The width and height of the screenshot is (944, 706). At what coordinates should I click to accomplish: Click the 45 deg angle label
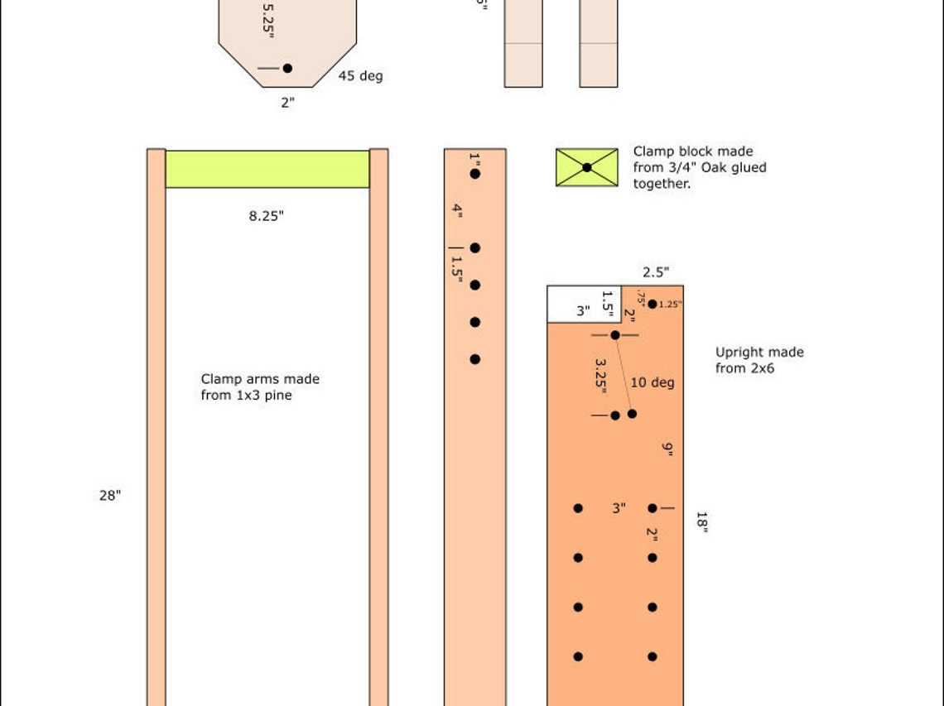point(360,76)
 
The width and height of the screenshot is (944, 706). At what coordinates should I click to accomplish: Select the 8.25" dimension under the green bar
point(267,216)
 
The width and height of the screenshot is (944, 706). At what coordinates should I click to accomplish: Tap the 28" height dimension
point(110,496)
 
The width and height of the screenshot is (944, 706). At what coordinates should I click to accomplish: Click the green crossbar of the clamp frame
point(267,169)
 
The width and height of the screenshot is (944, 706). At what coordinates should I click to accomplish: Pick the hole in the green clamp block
point(586,167)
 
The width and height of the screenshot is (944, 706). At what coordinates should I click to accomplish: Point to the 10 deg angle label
point(653,382)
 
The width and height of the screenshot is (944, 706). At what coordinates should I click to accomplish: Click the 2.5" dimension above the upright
point(656,271)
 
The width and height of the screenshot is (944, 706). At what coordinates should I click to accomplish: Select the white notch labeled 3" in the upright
point(582,304)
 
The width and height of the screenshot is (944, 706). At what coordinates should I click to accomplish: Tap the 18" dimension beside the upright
point(701,522)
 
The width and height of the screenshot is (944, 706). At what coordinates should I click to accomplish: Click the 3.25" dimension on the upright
point(601,374)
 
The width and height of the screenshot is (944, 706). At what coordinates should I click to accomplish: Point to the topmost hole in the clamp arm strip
point(474,174)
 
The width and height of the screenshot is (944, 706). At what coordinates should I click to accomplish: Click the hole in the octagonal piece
point(287,68)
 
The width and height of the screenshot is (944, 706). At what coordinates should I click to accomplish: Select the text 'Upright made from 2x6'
point(759,360)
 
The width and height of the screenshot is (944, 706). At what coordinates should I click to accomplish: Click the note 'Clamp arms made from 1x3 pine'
point(259,387)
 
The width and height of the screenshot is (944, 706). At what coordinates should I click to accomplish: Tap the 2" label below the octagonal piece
point(287,103)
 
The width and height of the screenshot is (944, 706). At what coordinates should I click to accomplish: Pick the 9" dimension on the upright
point(667,449)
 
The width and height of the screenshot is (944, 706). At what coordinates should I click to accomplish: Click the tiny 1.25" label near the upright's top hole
point(671,305)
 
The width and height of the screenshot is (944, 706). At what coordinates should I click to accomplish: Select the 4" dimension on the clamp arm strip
point(457,210)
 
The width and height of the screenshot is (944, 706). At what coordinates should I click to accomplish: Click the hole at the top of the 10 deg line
point(615,335)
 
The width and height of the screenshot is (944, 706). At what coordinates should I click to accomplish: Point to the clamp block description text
point(699,167)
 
